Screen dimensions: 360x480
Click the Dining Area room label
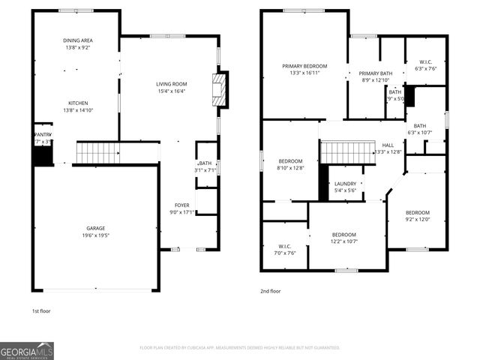tap(78, 40)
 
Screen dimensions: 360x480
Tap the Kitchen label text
tap(78, 103)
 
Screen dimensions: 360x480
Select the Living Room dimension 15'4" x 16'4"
tap(171, 91)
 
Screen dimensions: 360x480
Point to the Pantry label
tap(43, 134)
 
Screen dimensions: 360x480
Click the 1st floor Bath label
tap(205, 163)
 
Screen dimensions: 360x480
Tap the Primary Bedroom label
tap(304, 66)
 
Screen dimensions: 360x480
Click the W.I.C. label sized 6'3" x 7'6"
tap(424, 61)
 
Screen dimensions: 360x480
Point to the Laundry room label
tap(345, 184)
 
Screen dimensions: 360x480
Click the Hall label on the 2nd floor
tap(388, 145)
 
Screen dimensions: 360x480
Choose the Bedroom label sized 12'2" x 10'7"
tap(344, 234)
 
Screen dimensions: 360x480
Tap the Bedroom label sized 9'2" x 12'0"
tap(418, 212)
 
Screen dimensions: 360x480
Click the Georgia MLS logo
tap(27, 350)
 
